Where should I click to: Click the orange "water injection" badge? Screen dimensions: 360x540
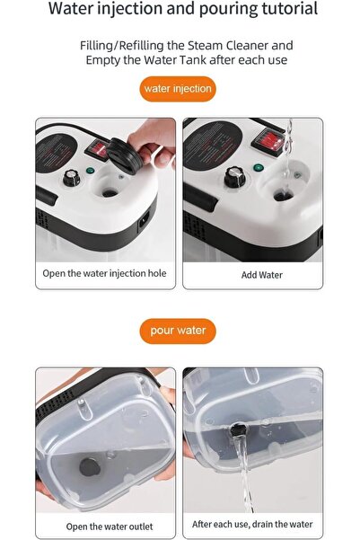point(178,89)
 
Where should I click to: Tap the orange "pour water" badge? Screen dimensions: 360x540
point(178,331)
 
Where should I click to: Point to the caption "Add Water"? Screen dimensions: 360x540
point(262,275)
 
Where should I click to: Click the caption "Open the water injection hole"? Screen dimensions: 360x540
point(104,273)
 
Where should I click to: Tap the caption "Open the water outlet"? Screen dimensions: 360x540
point(110,527)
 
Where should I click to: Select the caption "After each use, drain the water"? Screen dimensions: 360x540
point(252,524)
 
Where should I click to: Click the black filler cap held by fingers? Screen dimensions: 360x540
point(124,155)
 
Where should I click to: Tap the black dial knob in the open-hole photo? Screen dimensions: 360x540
point(71,178)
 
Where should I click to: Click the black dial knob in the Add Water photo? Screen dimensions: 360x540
point(234,177)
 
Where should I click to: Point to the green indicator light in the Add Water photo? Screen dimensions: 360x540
point(259,168)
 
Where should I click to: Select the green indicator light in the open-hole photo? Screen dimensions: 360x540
point(90,171)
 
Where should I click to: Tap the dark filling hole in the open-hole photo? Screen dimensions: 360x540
point(110,193)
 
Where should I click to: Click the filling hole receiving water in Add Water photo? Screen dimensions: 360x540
point(283,196)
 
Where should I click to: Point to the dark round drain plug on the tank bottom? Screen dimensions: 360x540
point(90,467)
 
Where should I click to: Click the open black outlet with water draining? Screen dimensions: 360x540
point(237,430)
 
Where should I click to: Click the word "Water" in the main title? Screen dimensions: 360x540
point(71,8)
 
